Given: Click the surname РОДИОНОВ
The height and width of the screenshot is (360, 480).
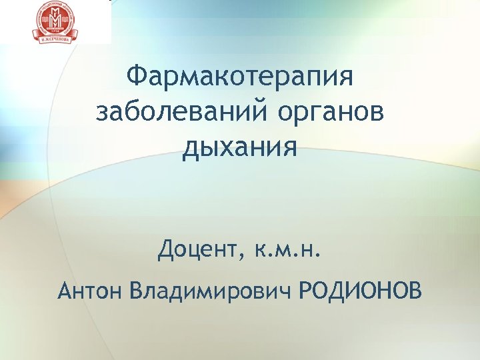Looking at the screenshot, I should pyautogui.click(x=361, y=291).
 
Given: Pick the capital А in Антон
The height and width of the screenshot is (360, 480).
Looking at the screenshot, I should pyautogui.click(x=65, y=291).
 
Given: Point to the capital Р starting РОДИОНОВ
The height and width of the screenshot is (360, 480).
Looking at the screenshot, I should pyautogui.click(x=306, y=291).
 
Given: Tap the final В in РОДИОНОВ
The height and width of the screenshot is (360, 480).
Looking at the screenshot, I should pyautogui.click(x=415, y=291).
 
